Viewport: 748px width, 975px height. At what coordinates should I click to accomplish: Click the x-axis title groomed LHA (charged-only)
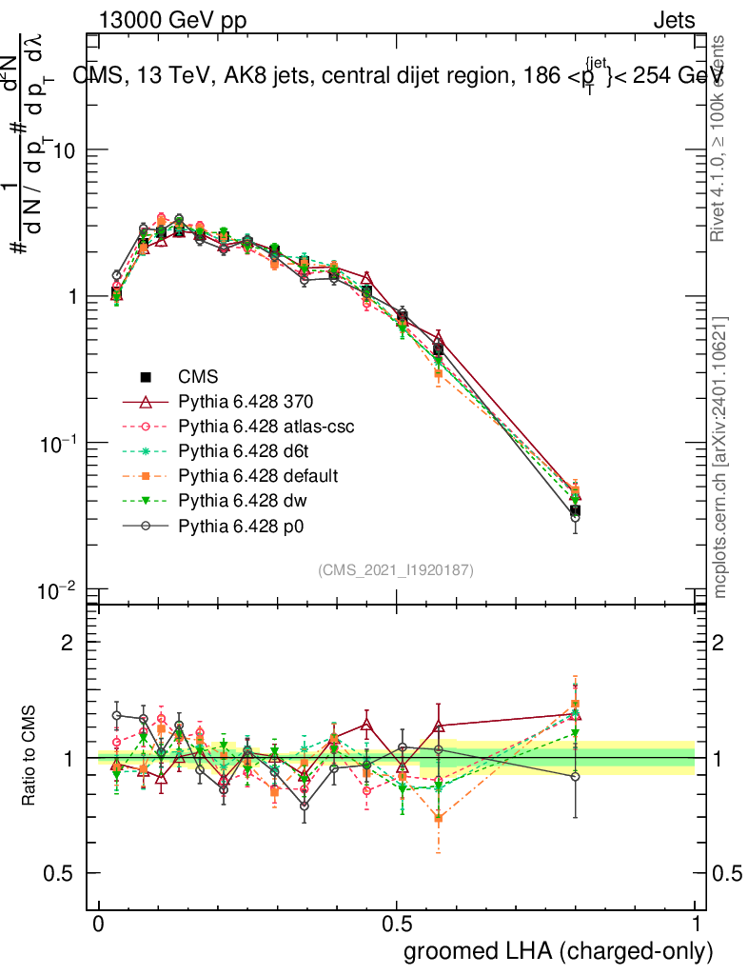(x=559, y=950)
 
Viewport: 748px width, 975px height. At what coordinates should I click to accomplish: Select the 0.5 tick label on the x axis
(x=397, y=924)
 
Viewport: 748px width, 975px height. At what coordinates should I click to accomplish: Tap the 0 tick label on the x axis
(x=99, y=924)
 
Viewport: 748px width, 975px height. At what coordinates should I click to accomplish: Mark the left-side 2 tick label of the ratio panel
(x=68, y=642)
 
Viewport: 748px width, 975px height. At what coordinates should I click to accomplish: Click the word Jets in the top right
(x=673, y=21)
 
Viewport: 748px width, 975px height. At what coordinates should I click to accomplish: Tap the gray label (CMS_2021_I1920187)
(x=396, y=569)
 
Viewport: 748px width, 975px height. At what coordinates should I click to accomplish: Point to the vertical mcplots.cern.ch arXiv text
(x=721, y=457)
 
